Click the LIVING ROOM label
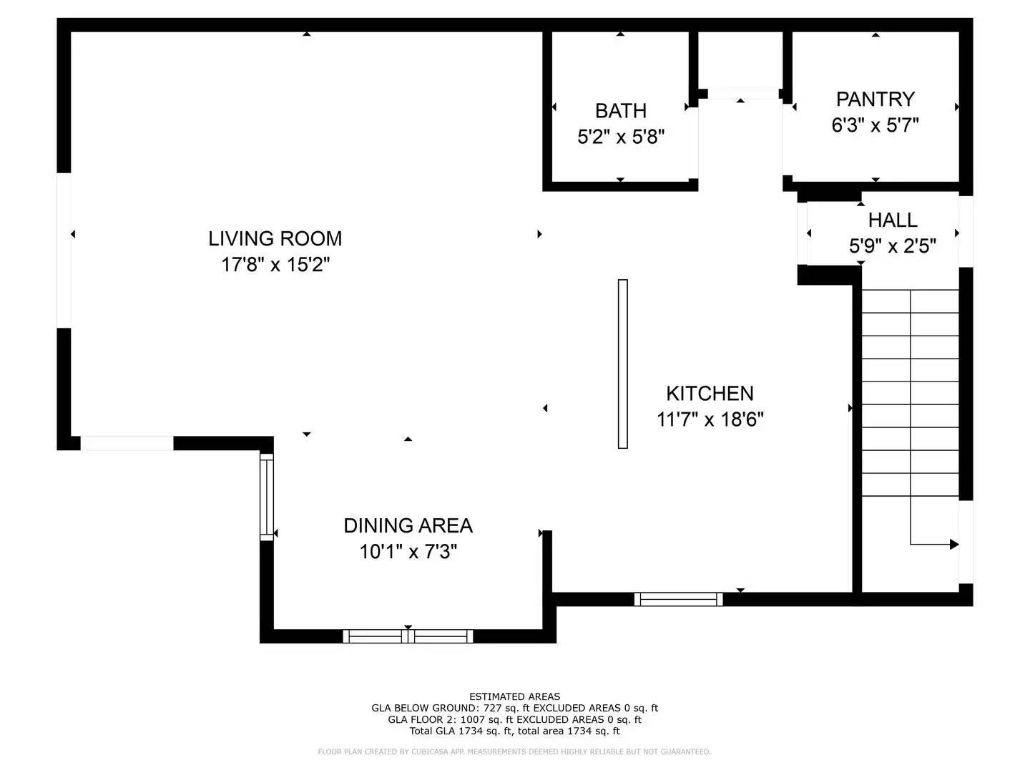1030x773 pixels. tap(275, 238)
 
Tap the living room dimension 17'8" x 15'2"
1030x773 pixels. tap(275, 265)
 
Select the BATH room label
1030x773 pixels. tap(620, 111)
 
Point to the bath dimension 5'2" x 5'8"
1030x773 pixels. tap(620, 137)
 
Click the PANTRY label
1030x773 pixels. tap(875, 99)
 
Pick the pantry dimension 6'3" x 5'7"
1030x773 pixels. tap(875, 125)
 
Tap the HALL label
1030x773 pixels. tap(892, 220)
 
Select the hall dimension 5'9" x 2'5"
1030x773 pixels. tap(892, 246)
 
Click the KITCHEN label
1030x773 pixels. tap(710, 393)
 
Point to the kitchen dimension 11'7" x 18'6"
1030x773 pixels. tap(710, 419)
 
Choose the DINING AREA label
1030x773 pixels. tap(408, 525)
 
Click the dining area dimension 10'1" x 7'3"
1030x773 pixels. tap(408, 552)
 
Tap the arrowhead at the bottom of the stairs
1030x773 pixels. tap(953, 545)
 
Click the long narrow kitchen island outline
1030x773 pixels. tap(622, 364)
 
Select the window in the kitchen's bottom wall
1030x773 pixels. tap(678, 599)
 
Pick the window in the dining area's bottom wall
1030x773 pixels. tap(408, 636)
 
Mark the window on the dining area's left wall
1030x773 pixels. tap(266, 497)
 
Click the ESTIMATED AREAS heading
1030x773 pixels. tap(514, 696)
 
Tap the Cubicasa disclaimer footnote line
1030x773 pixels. tap(514, 752)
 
